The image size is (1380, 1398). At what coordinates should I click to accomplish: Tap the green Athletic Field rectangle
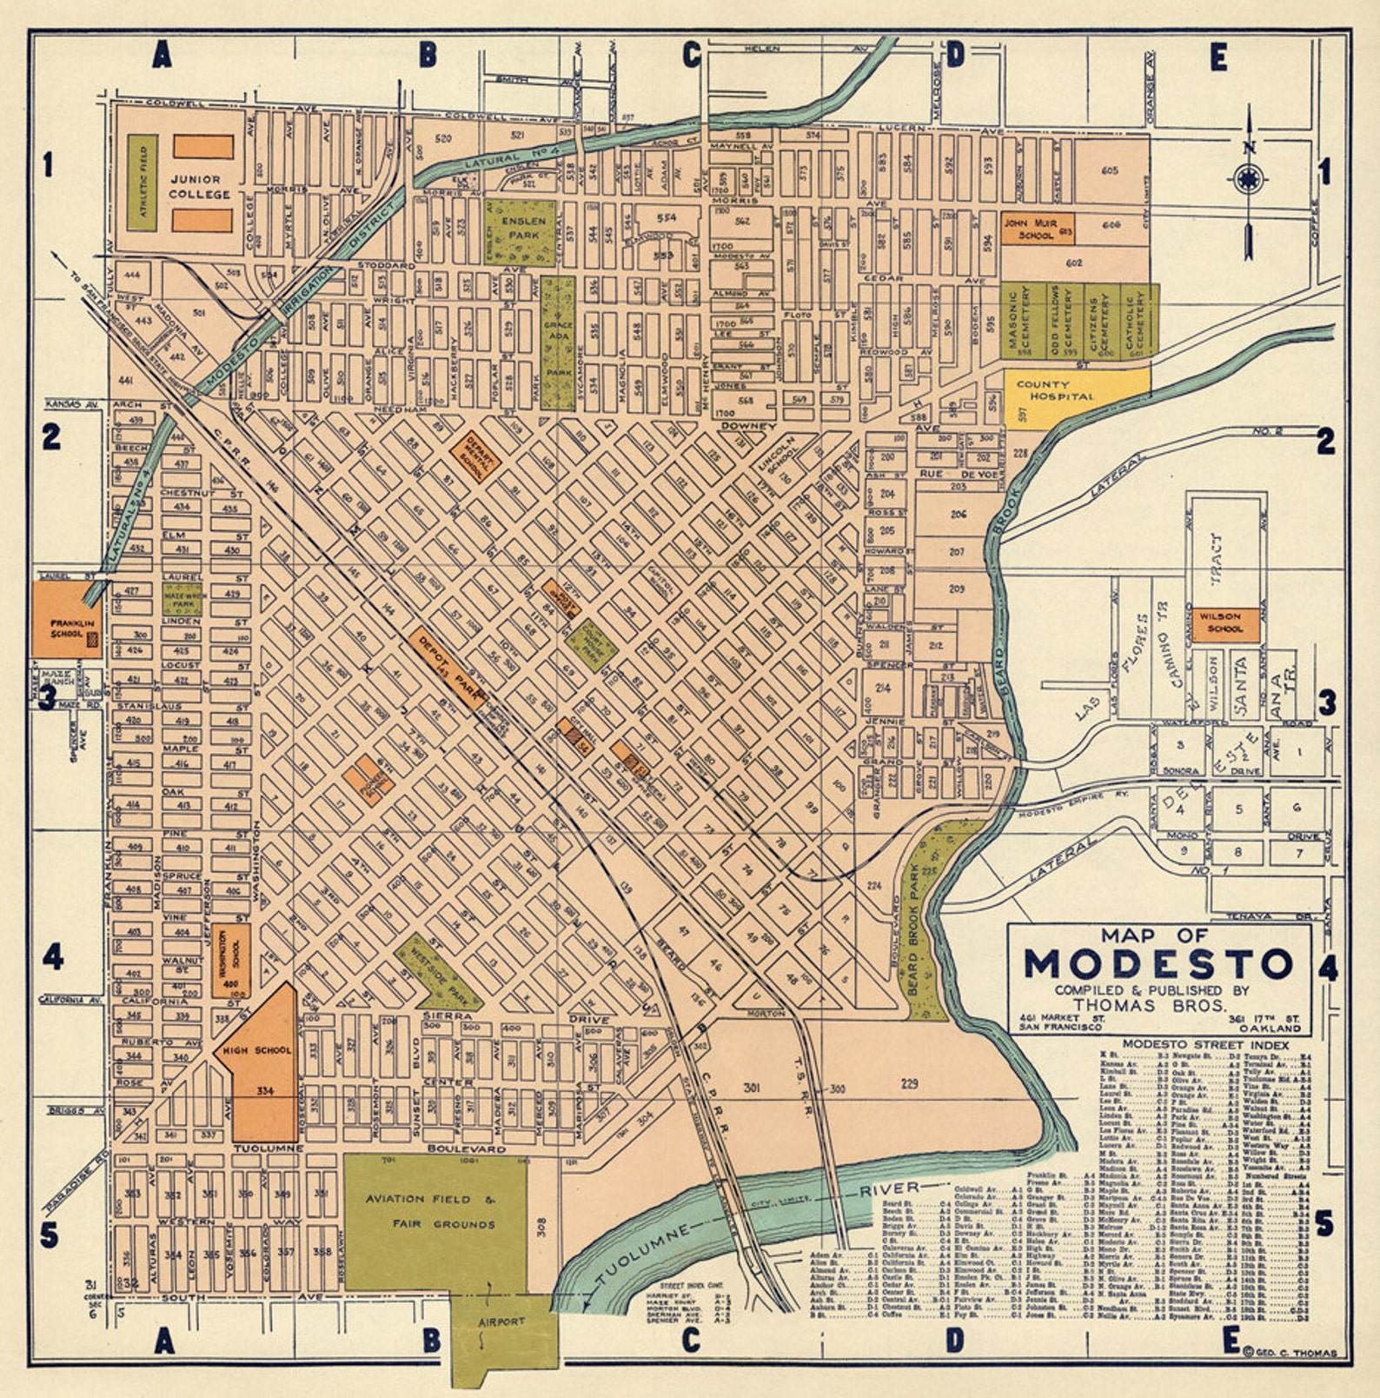(x=142, y=182)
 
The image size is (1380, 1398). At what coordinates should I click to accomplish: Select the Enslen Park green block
(x=520, y=232)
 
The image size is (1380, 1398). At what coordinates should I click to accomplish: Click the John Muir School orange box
(x=1038, y=229)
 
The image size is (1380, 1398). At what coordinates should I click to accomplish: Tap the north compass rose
(x=1248, y=180)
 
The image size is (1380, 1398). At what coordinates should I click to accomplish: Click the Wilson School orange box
(x=1225, y=623)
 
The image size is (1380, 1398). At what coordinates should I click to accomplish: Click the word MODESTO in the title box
(x=1158, y=963)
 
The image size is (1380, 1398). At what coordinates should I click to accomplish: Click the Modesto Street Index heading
(x=1204, y=1044)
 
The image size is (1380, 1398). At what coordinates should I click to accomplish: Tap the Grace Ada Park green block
(x=557, y=331)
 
